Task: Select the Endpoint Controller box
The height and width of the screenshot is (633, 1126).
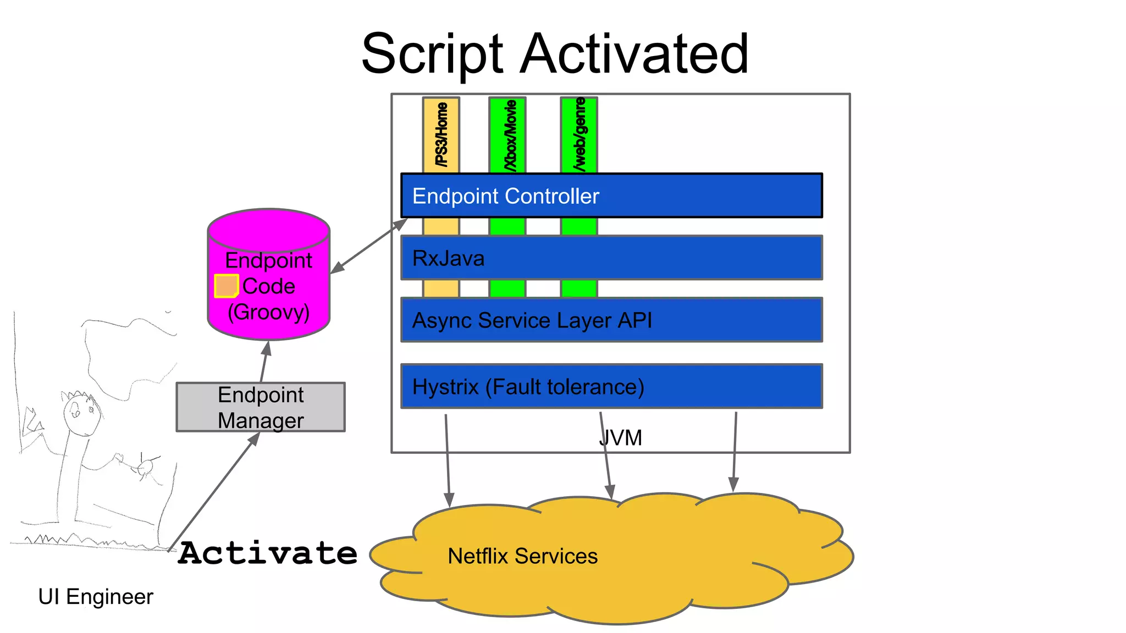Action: pyautogui.click(x=611, y=196)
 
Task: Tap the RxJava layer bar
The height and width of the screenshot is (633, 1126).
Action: pyautogui.click(x=611, y=258)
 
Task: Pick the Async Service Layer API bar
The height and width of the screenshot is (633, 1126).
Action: pyautogui.click(x=611, y=320)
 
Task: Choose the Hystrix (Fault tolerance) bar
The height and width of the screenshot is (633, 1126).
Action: pyautogui.click(x=611, y=386)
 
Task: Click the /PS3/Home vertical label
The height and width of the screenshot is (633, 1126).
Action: pyautogui.click(x=441, y=135)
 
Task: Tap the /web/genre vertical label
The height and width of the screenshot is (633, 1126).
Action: pyautogui.click(x=579, y=135)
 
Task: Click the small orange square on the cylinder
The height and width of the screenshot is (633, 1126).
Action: pyautogui.click(x=225, y=286)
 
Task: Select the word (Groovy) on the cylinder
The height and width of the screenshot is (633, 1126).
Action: pyautogui.click(x=268, y=312)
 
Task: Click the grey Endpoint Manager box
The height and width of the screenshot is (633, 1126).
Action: pyautogui.click(x=261, y=407)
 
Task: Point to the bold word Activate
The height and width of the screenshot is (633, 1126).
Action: pyautogui.click(x=268, y=553)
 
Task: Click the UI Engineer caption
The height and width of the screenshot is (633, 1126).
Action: pyautogui.click(x=96, y=597)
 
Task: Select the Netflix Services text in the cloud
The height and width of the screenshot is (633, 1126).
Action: pyautogui.click(x=522, y=556)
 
